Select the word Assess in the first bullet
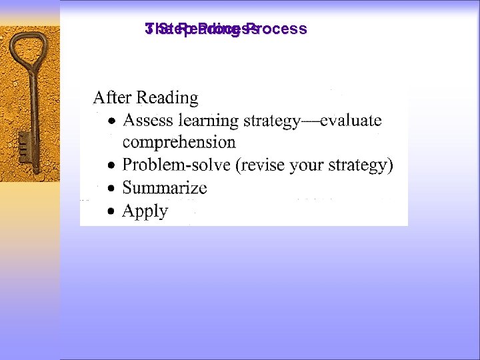pos(148,121)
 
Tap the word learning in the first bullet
pos(208,121)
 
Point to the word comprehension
pos(179,143)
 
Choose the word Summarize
pos(165,188)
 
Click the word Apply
pos(145,211)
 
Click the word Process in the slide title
pos(281,29)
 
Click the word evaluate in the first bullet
pos(351,121)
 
